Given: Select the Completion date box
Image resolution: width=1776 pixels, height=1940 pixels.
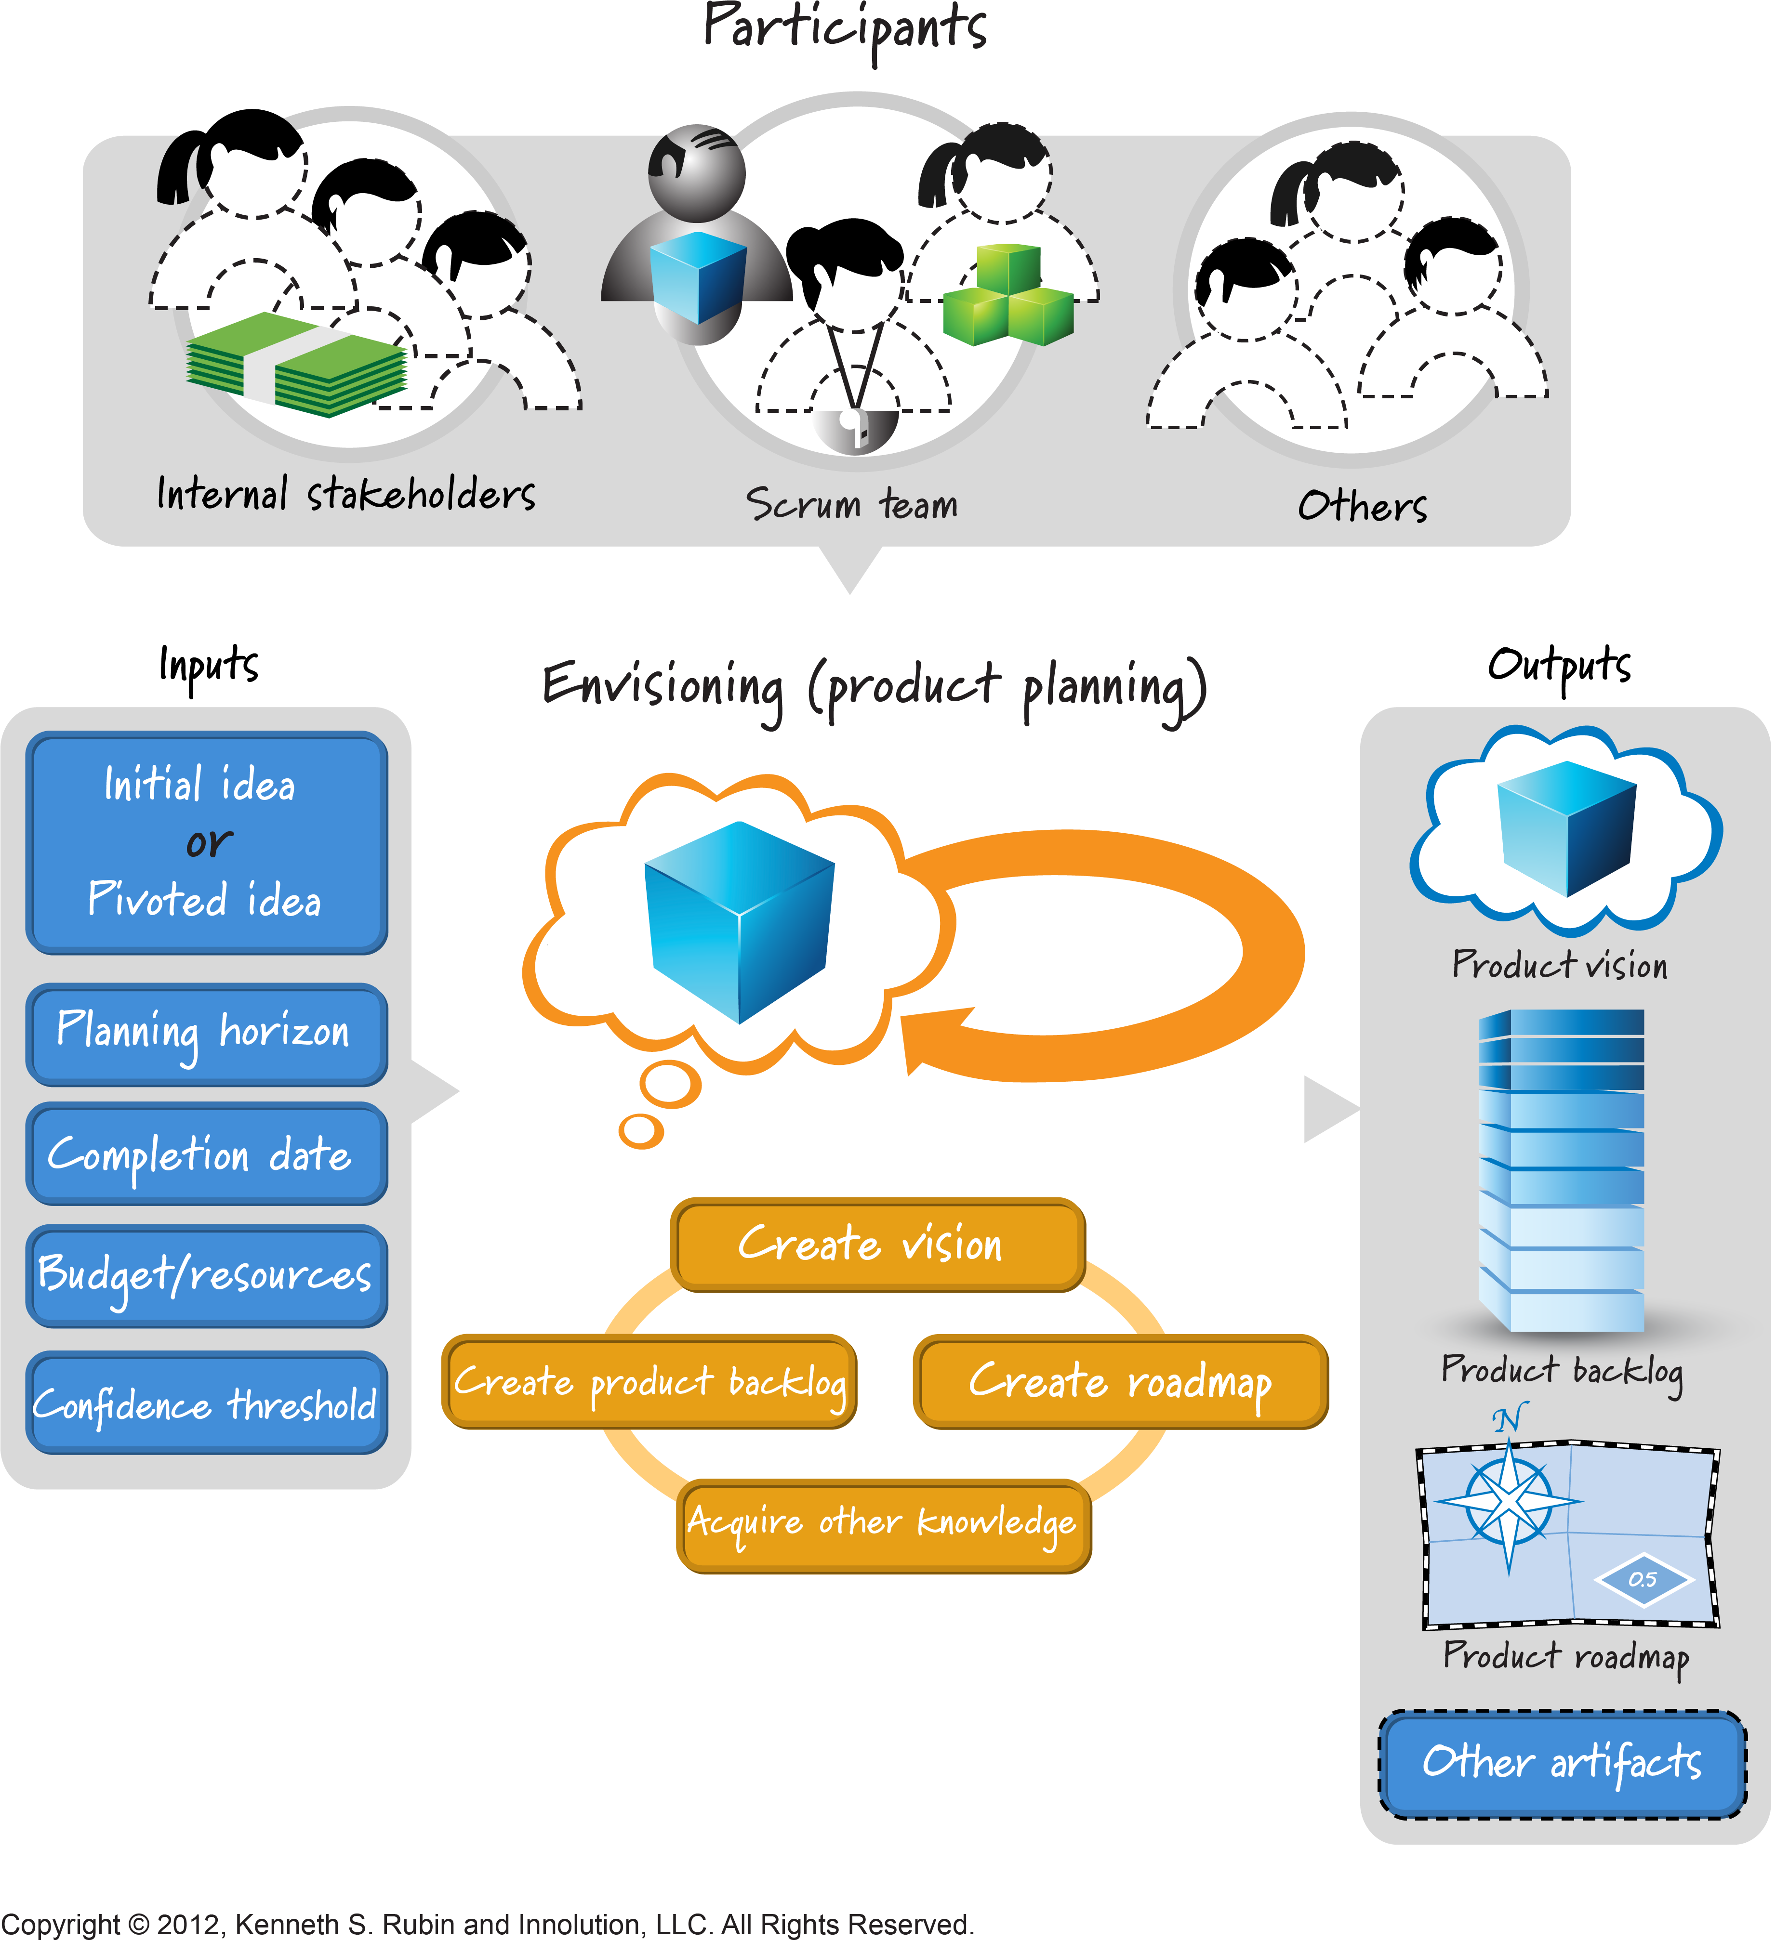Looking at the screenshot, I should [x=206, y=1154].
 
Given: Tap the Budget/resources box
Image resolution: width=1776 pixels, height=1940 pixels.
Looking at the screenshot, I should [x=206, y=1275].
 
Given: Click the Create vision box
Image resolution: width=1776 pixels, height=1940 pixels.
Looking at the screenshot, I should [x=877, y=1244].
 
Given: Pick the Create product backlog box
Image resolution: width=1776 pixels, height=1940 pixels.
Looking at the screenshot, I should [x=649, y=1382].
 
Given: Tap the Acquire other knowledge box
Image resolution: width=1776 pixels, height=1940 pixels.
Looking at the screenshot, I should [x=883, y=1525].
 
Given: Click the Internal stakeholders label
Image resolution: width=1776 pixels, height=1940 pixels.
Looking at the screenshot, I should [x=345, y=495].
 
